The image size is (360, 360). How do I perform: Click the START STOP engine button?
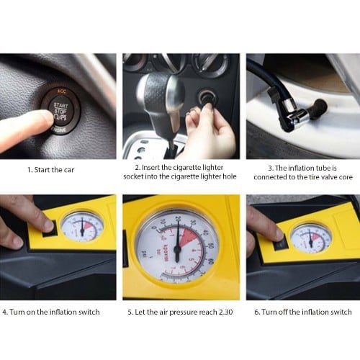(60, 112)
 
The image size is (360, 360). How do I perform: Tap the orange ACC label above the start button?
(61, 91)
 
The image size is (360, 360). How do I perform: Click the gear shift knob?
(161, 96)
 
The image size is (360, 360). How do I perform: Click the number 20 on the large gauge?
(178, 218)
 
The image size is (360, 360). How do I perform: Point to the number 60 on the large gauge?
(210, 261)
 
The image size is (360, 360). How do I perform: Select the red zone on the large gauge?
(189, 237)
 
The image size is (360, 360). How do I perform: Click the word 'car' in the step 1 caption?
(68, 170)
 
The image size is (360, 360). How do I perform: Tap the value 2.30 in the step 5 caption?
(225, 312)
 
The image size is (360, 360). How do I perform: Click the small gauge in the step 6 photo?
(311, 239)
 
